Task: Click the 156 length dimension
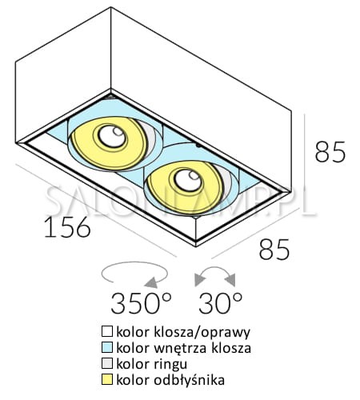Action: pos(67,227)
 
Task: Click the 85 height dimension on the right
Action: pos(330,152)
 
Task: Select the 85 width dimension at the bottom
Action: pos(274,249)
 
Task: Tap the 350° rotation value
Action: pos(141,303)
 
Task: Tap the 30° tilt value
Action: pos(221,303)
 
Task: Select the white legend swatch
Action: pos(107,331)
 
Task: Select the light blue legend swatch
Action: pos(107,347)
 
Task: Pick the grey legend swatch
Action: pos(107,363)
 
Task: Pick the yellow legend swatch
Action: pos(107,379)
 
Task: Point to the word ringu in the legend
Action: pos(170,365)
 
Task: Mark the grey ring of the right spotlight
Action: pos(226,182)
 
